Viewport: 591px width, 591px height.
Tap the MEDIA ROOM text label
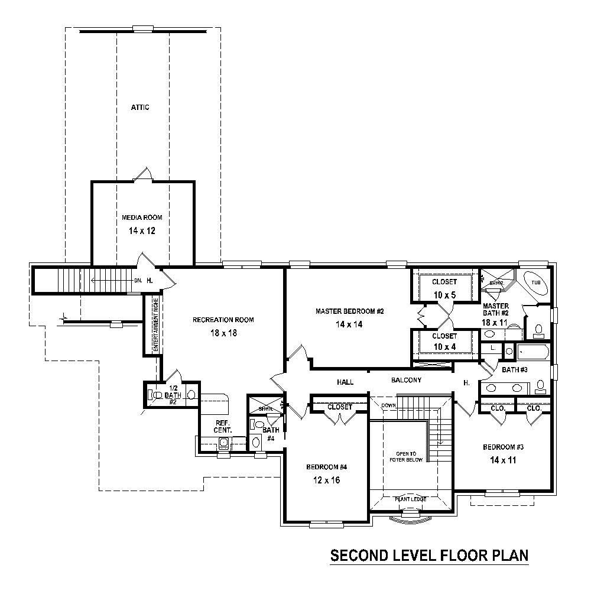(x=142, y=217)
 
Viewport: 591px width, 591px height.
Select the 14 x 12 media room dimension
(x=142, y=230)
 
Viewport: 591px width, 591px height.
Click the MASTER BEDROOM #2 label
(x=350, y=311)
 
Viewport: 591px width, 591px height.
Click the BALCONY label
(x=406, y=380)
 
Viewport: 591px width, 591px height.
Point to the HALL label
(x=345, y=382)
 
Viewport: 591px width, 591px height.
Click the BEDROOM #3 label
(x=504, y=447)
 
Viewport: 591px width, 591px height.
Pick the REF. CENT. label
(x=223, y=426)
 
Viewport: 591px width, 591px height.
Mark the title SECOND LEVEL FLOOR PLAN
(x=428, y=556)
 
